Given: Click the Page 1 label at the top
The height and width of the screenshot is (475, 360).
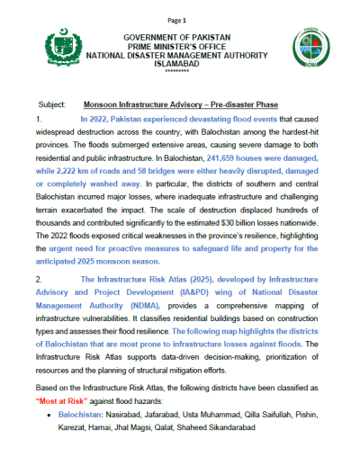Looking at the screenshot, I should [x=177, y=20].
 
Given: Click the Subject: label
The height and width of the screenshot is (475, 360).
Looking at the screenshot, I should [x=56, y=104].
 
